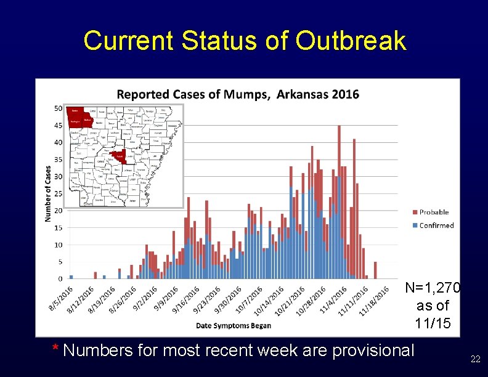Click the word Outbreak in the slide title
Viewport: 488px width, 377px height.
(351, 41)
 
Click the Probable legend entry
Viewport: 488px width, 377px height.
(435, 213)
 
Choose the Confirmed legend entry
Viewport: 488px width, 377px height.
(436, 225)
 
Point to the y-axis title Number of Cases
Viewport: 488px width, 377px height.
(48, 193)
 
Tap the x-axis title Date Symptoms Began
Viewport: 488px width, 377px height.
(233, 325)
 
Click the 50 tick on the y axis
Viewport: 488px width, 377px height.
(58, 108)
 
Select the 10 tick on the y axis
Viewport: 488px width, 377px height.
(58, 245)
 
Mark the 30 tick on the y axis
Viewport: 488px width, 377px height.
(58, 177)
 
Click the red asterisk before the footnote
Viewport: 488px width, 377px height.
(55, 350)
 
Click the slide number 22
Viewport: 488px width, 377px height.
(475, 359)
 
